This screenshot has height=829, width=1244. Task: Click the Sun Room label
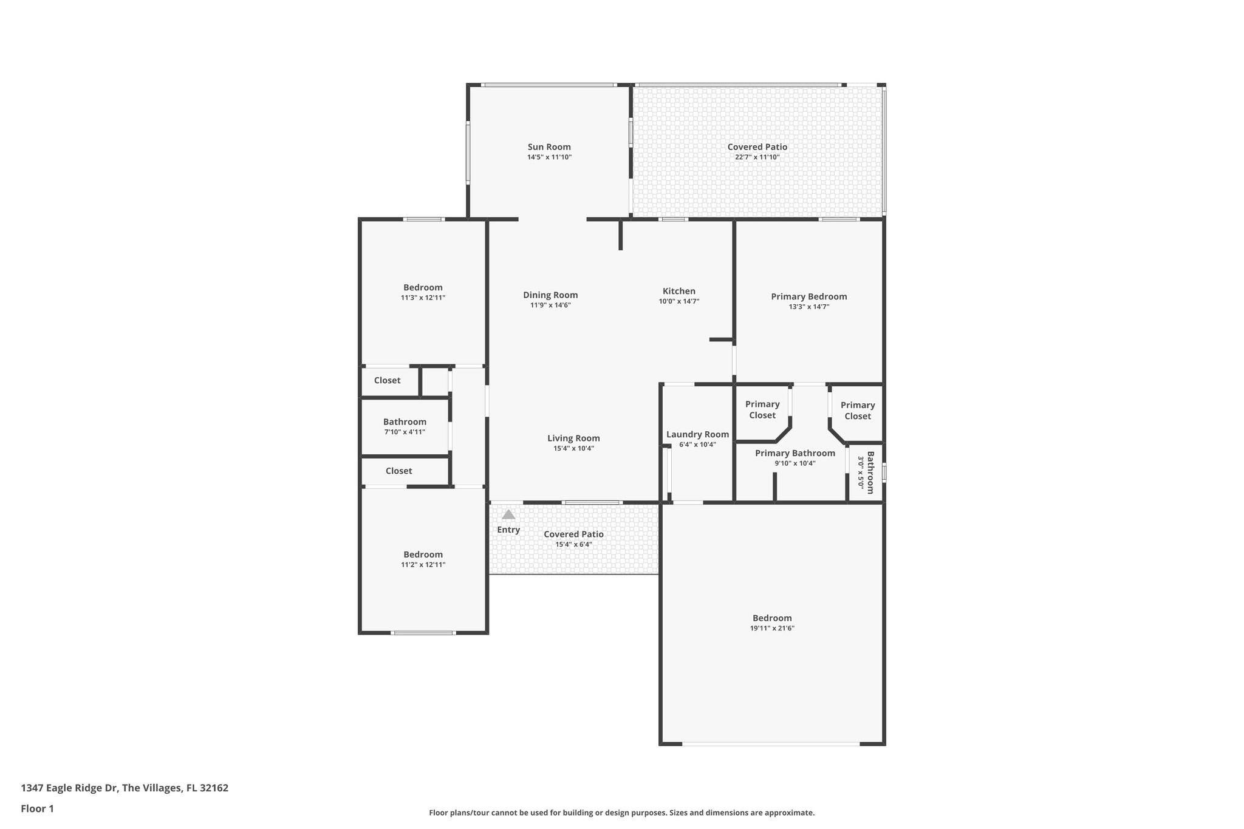[549, 147]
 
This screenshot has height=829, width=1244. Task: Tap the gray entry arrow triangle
[508, 514]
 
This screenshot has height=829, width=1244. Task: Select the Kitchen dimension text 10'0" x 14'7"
[679, 301]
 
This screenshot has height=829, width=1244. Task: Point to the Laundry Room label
[697, 434]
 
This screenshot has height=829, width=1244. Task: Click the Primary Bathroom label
[795, 453]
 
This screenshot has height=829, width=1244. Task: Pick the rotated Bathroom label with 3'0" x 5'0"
[869, 472]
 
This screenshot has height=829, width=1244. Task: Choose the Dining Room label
[550, 295]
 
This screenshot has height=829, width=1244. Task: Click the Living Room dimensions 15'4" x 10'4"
[573, 449]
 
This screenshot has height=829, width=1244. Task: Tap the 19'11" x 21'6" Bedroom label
[772, 618]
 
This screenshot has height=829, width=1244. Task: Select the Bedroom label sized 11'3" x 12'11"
[423, 288]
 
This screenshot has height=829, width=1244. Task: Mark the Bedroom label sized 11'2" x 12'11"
[423, 554]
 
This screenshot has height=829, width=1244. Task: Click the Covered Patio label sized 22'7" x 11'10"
[757, 147]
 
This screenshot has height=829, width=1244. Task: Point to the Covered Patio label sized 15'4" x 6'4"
[573, 534]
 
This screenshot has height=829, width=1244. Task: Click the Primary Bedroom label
[808, 297]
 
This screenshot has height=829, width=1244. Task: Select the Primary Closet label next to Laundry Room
[762, 409]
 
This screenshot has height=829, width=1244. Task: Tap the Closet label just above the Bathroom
[387, 381]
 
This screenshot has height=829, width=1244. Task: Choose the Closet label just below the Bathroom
[398, 471]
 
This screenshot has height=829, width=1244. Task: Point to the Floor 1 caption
[38, 808]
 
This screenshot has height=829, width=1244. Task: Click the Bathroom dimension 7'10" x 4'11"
[405, 432]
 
